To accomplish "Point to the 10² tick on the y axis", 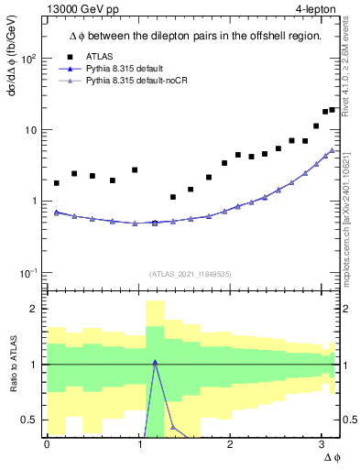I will (28, 59).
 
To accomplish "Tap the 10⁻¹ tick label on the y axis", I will (28, 272).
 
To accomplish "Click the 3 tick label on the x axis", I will (322, 444).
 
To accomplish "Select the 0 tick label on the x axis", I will (47, 444).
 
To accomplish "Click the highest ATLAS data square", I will (333, 110).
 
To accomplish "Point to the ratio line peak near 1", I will (155, 362).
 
